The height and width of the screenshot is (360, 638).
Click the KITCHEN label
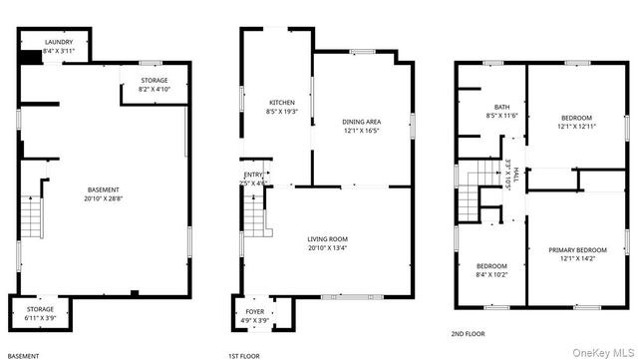pyautogui.click(x=282, y=103)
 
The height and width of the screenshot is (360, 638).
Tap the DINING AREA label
pyautogui.click(x=362, y=121)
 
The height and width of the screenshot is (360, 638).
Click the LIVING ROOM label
pyautogui.click(x=327, y=239)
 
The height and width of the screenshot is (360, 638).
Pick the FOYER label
pyautogui.click(x=255, y=312)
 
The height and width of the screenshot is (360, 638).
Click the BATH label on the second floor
pyautogui.click(x=501, y=107)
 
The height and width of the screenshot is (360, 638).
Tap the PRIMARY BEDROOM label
pyautogui.click(x=577, y=250)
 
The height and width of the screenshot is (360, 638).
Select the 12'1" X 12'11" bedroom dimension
pyautogui.click(x=577, y=126)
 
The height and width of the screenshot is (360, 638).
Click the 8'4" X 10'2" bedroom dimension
pyautogui.click(x=491, y=274)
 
